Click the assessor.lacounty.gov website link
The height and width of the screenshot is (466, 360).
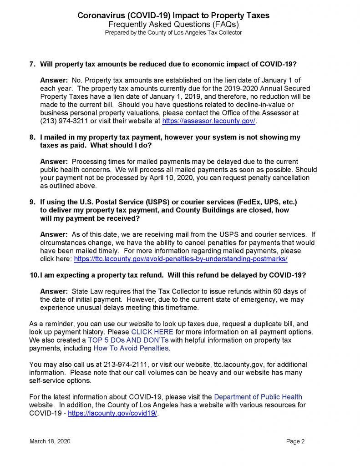pyautogui.click(x=209, y=121)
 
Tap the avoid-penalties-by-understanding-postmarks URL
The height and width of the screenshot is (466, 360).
pyautogui.click(x=181, y=258)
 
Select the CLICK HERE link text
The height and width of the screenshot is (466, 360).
pyautogui.click(x=152, y=332)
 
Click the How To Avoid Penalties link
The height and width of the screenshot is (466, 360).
pyautogui.click(x=131, y=348)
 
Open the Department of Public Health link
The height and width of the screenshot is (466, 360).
pyautogui.click(x=258, y=397)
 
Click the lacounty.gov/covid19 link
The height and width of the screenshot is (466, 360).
pyautogui.click(x=112, y=413)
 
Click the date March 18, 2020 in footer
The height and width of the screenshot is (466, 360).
pyautogui.click(x=50, y=441)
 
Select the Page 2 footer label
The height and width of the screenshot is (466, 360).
pyautogui.click(x=295, y=441)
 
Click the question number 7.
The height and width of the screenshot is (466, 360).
pyautogui.click(x=32, y=64)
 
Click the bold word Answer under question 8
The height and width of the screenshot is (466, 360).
pyautogui.click(x=54, y=162)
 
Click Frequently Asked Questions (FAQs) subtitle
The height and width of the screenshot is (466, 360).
pyautogui.click(x=173, y=24)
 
